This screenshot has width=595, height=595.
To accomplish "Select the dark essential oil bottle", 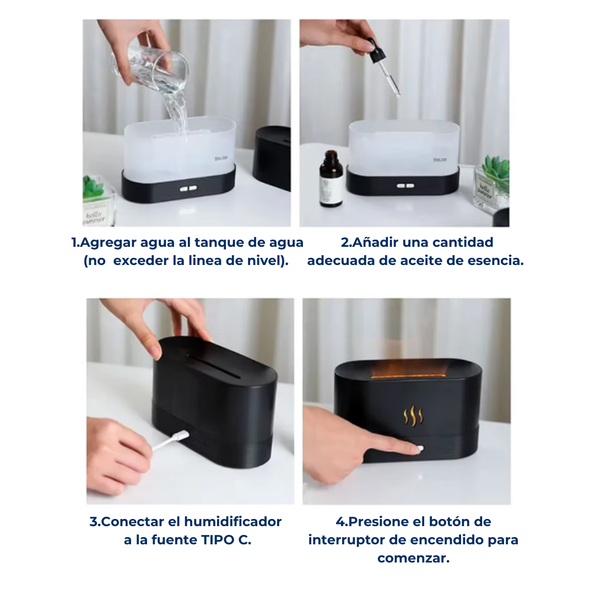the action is pyautogui.click(x=331, y=178).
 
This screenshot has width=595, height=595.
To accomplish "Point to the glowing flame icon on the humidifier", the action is pyautogui.click(x=413, y=416).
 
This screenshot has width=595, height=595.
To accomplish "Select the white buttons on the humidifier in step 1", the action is pyautogui.click(x=188, y=188).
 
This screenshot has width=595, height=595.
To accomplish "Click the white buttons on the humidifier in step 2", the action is pyautogui.click(x=405, y=186).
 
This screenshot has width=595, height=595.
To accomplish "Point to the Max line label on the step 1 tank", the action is pyautogui.click(x=221, y=158).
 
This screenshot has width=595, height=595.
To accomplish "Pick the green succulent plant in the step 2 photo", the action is pyautogui.click(x=496, y=171).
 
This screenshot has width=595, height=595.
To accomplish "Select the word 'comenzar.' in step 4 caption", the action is pyautogui.click(x=413, y=558).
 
